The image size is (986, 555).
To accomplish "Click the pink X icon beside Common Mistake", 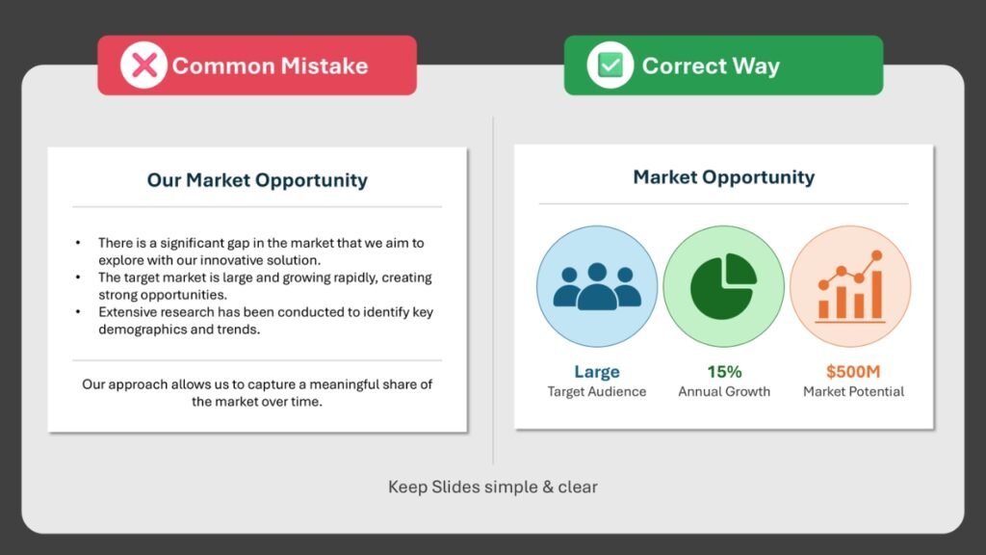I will pos(143,66).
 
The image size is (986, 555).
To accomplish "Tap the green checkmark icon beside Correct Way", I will pos(610,66).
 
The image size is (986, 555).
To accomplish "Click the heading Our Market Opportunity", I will pos(257,180).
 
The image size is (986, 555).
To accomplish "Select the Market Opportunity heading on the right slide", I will pos(723,177).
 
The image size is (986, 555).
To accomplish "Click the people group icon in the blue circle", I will pos(597,286).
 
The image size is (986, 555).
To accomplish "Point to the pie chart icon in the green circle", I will pos(723,286).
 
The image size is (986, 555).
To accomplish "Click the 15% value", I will pos(723,372).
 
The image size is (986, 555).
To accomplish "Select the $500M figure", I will pos(853,372).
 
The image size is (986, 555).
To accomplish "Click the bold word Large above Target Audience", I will pos(597,372).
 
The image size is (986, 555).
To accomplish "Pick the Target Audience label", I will pos(597,392).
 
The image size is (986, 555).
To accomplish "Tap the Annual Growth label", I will pos(723,392).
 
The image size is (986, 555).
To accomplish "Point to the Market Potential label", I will pos(853,392).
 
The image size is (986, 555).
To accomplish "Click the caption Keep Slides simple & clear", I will pos(492,487).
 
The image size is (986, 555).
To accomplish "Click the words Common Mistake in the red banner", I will pos(270,66).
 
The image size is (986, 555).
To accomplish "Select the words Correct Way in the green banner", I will pos(710,66).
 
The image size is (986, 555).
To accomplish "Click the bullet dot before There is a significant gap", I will pos(78,244).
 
